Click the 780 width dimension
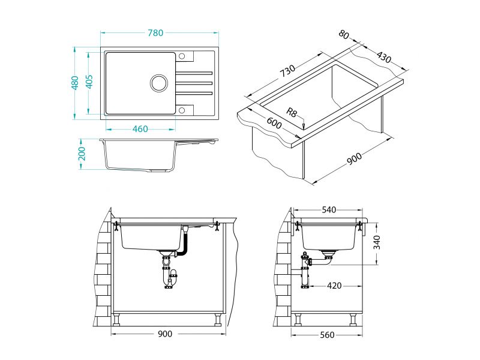156,33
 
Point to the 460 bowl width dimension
140,129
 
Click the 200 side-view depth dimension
83,154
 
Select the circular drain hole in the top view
160,82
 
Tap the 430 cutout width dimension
384,58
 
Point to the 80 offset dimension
344,35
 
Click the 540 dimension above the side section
329,210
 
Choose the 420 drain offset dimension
334,286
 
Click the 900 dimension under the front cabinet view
165,334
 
